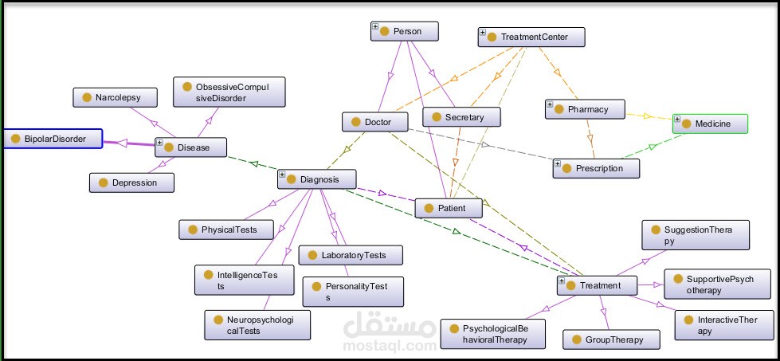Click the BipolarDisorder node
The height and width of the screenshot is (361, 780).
(x=52, y=139)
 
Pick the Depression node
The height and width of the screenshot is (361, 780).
(x=131, y=182)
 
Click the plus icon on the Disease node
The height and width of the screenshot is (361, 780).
(x=159, y=143)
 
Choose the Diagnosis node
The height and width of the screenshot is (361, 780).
(x=316, y=179)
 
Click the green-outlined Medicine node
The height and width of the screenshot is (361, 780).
(x=711, y=124)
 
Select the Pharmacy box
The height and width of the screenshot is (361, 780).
(x=586, y=109)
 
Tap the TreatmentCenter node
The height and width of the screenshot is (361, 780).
(x=532, y=37)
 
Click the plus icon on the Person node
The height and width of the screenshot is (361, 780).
(x=375, y=27)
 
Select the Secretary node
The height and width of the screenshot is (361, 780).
(x=461, y=117)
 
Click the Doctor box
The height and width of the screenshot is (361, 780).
(x=375, y=122)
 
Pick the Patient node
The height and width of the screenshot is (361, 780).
(x=451, y=208)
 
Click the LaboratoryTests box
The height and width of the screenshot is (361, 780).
(x=351, y=255)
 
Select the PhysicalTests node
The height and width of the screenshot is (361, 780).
(x=226, y=230)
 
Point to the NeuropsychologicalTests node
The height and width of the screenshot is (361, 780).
(x=257, y=324)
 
